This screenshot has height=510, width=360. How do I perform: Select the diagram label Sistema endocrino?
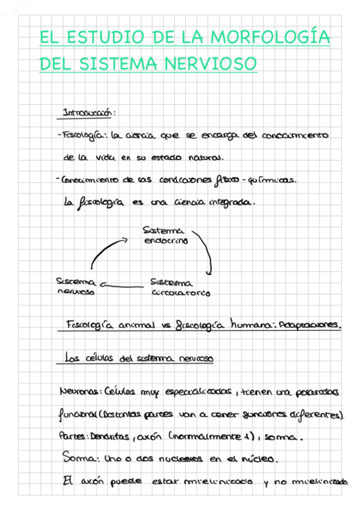coord(166,235)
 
